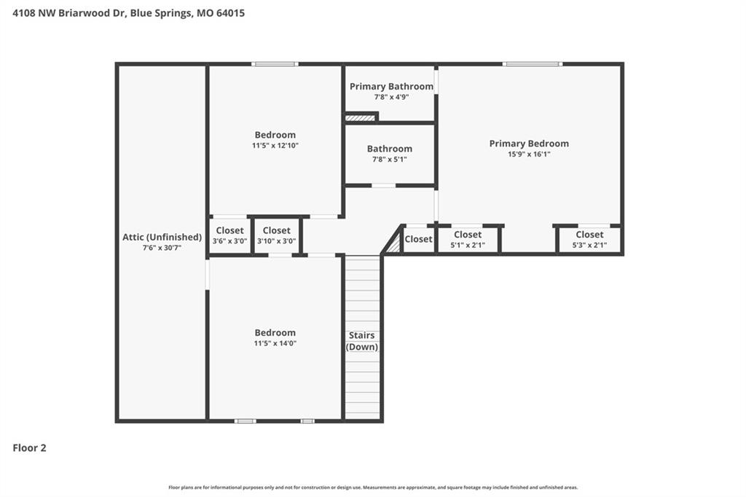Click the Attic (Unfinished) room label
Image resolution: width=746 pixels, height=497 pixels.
162,237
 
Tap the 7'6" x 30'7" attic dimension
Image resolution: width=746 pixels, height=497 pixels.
162,248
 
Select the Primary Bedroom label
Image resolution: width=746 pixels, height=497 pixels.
529,144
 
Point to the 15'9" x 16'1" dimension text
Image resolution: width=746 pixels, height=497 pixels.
529,154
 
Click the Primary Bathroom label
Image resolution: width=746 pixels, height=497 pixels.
391,86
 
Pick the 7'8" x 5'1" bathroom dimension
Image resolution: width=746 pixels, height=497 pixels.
390,159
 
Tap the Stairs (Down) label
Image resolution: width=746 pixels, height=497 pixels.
361,341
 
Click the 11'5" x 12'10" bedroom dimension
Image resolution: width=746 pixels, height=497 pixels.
275,145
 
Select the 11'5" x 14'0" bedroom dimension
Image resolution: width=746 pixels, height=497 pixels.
275,343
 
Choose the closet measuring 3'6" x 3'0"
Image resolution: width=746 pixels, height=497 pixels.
229,235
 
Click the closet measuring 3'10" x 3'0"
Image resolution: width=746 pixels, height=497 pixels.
276,235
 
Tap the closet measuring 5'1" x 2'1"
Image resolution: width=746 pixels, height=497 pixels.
468,240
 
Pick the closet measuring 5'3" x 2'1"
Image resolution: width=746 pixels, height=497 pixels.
589,240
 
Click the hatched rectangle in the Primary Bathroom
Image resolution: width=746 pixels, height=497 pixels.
360,117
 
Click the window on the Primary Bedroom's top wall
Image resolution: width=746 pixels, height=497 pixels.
533,64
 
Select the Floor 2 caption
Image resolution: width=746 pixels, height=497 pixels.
29,447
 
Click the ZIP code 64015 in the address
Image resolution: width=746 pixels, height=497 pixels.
230,13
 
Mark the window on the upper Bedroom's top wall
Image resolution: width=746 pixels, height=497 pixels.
275,64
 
